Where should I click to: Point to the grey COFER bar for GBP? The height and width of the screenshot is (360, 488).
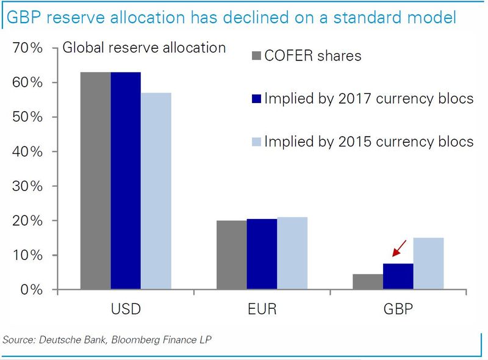point(368,282)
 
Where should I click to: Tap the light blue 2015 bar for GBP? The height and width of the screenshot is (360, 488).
point(428,264)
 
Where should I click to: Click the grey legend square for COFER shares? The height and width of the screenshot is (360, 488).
point(256,57)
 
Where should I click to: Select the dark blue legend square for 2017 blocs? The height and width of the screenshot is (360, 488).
point(256,99)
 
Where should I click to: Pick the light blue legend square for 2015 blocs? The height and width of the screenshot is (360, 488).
point(256,142)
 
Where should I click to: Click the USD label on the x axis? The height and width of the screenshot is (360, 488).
point(126,309)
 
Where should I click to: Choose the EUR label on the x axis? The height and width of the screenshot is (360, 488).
point(262,309)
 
